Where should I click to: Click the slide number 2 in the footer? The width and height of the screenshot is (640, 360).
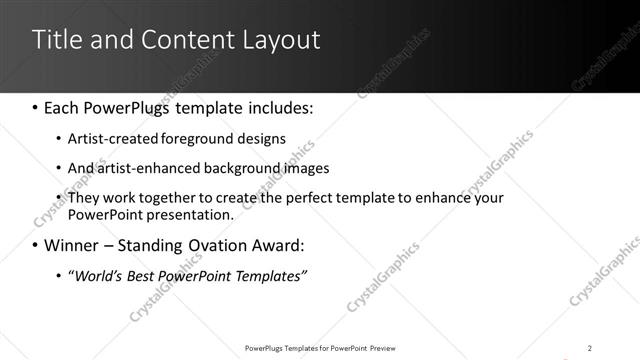(590, 347)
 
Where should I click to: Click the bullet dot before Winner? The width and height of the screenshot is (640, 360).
(36, 245)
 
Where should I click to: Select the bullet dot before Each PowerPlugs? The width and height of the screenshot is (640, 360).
(36, 105)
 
